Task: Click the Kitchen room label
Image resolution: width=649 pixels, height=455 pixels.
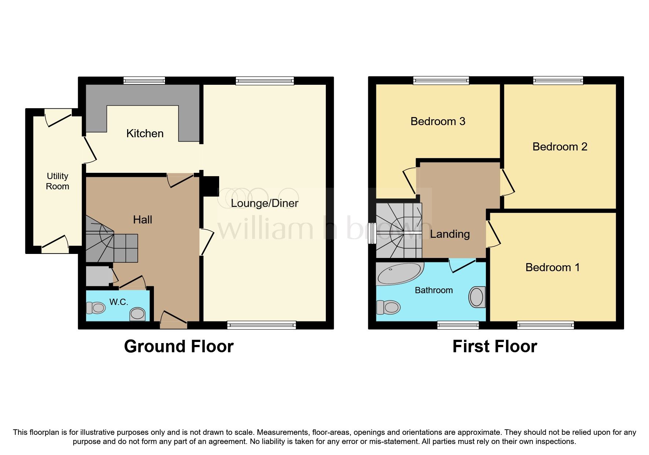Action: coord(145,134)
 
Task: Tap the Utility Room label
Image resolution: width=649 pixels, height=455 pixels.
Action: coord(58,181)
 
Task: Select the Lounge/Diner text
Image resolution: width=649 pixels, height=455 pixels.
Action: coord(265,203)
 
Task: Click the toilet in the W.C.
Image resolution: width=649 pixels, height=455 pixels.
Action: coord(96,307)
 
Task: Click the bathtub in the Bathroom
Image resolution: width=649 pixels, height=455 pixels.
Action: coord(399,274)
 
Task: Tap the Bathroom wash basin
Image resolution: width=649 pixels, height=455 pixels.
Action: coord(477,297)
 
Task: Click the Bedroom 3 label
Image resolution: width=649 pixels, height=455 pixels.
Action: coord(438,121)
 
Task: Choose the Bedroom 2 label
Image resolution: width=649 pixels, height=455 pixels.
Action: coord(560,147)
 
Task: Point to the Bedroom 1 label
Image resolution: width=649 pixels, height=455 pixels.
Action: coord(553,267)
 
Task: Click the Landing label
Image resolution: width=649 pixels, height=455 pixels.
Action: coord(450,234)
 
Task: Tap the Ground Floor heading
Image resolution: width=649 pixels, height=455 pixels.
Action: coord(179,346)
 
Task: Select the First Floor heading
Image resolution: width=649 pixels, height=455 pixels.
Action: coord(495,346)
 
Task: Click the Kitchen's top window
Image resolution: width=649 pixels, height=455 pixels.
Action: coord(144,80)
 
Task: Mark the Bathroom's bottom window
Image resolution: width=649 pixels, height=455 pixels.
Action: coord(458,325)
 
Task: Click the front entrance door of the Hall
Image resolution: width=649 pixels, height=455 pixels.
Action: coord(174,320)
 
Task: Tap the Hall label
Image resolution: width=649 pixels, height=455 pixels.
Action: coord(143,220)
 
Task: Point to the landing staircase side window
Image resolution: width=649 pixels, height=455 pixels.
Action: coord(372,233)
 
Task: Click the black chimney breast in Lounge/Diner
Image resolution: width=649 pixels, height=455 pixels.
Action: coord(211,186)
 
